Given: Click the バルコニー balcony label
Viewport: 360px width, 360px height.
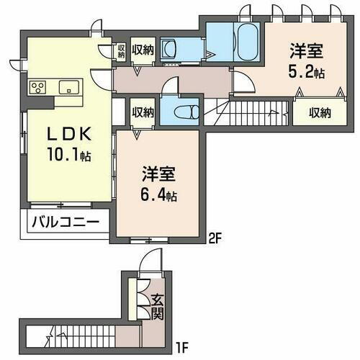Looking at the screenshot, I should [64, 222].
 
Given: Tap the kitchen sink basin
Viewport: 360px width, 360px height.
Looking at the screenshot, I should [69, 87].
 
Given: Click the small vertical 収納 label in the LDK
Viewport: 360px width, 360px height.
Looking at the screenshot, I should [122, 50].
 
